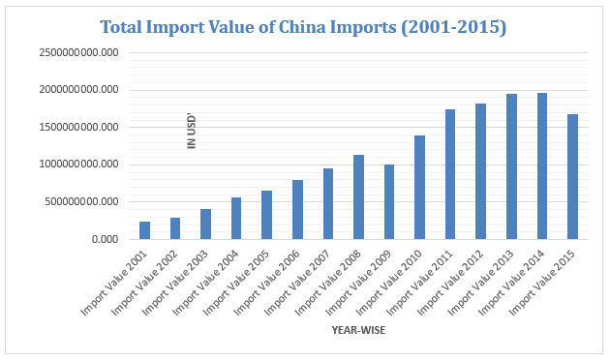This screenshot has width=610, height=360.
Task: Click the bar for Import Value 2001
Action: [145, 230]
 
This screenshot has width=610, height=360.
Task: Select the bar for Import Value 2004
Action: [236, 218]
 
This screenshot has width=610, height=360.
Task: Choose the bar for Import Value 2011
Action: [450, 174]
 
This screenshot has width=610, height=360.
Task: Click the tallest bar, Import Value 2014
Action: [541, 165]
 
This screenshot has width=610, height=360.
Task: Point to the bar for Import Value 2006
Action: [297, 209]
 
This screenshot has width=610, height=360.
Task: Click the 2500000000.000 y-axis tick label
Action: [80, 53]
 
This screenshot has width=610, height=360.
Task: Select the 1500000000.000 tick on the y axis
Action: [80, 128]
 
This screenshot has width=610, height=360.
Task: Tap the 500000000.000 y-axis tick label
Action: [83, 202]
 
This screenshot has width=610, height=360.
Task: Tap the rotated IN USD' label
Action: [192, 131]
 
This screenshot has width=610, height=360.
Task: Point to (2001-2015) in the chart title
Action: [454, 27]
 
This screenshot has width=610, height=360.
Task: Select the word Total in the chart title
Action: [129, 27]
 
